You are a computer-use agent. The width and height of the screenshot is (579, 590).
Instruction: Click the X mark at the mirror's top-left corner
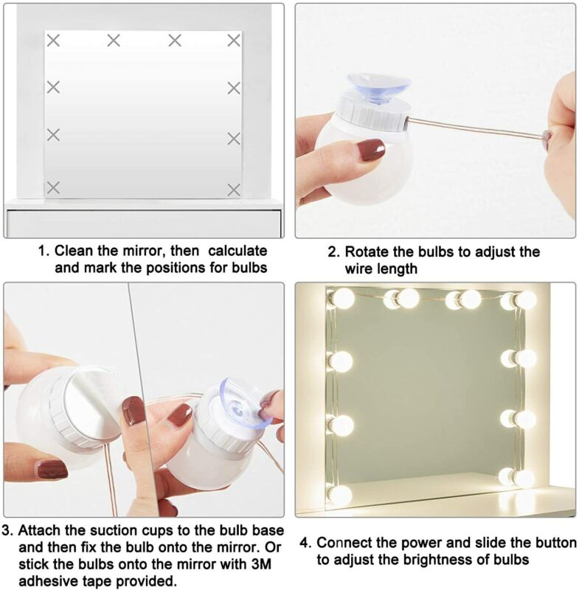point(53,40)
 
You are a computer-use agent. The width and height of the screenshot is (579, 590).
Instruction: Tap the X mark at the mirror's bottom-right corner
point(234,190)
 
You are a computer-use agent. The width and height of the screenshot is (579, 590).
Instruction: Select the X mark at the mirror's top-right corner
point(234,40)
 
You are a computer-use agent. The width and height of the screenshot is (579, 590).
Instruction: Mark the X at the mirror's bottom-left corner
point(53,187)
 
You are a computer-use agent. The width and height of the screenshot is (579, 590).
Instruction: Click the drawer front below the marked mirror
point(144,223)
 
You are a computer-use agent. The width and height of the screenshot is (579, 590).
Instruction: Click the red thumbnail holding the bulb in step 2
point(371,150)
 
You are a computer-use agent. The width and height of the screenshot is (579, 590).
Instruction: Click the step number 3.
point(7,530)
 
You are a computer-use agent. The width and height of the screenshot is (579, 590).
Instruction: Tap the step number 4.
point(305,543)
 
